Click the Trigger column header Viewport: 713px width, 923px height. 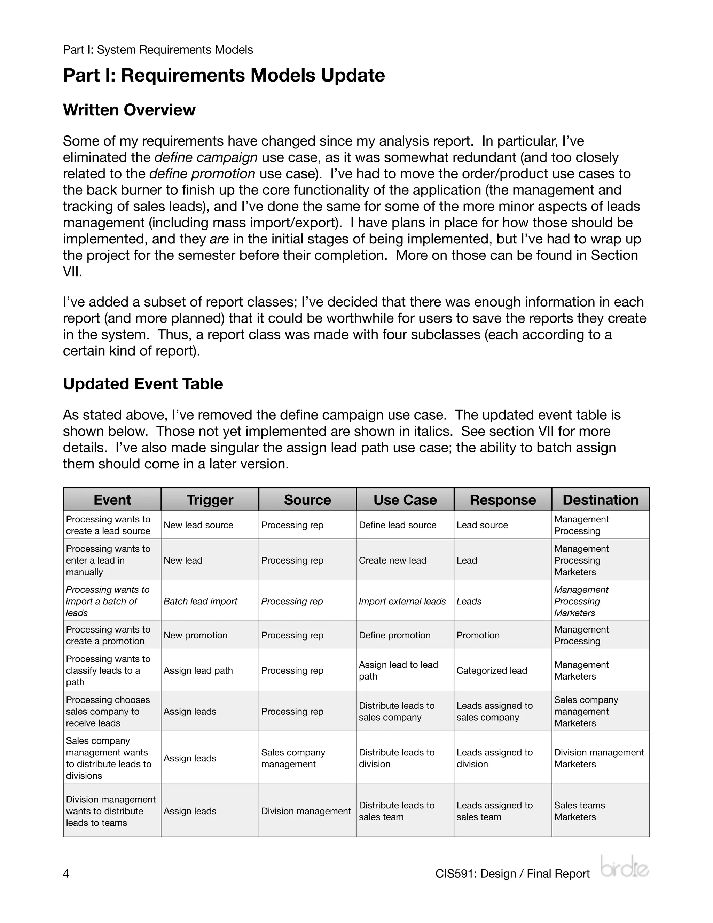coord(210,499)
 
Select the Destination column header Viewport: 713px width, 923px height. coord(600,499)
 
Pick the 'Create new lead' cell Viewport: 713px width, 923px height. coord(392,560)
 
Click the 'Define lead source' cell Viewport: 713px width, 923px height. coord(398,525)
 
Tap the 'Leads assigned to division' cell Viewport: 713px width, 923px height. coord(494,758)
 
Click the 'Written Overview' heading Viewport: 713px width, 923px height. coord(129,110)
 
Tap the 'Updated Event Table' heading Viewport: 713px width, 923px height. coord(143,384)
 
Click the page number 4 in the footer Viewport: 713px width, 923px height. coord(66,874)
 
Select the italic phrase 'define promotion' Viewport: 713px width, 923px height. coord(202,174)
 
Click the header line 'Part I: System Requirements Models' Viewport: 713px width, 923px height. coord(158,50)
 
